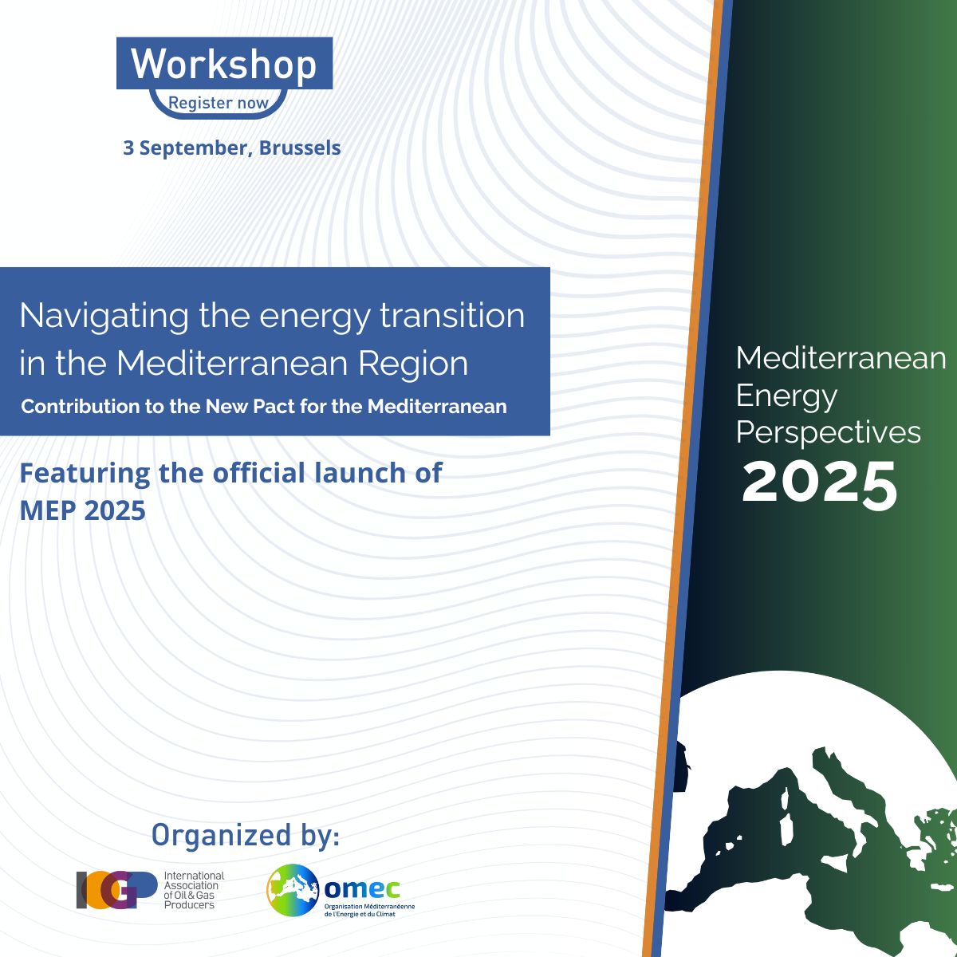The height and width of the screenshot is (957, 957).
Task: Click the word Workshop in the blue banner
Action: (224, 65)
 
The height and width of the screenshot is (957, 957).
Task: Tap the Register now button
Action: (219, 104)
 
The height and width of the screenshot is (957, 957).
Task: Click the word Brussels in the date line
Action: (300, 148)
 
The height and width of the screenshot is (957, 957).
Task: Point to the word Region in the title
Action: (413, 364)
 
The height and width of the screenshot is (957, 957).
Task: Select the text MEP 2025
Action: (82, 510)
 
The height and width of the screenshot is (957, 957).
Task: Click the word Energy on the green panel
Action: (786, 397)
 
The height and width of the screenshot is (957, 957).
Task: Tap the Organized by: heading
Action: (246, 835)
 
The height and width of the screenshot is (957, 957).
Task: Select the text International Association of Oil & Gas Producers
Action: (194, 890)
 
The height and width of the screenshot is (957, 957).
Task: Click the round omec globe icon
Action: (293, 890)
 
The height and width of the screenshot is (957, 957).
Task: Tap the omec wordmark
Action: (361, 888)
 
